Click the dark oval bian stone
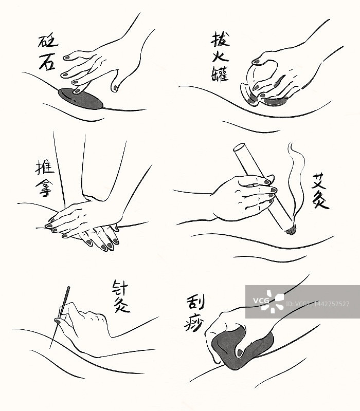pos(81,99)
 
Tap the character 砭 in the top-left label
pos(48,41)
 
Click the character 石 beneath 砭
pos(47,61)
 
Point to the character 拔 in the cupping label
pos(220,39)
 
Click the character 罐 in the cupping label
pos(220,74)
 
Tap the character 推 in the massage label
pos(45,168)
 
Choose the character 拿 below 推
pos(44,188)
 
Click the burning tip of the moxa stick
pos(291,230)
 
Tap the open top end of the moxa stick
pos(239,147)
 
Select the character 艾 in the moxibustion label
pos(319,180)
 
